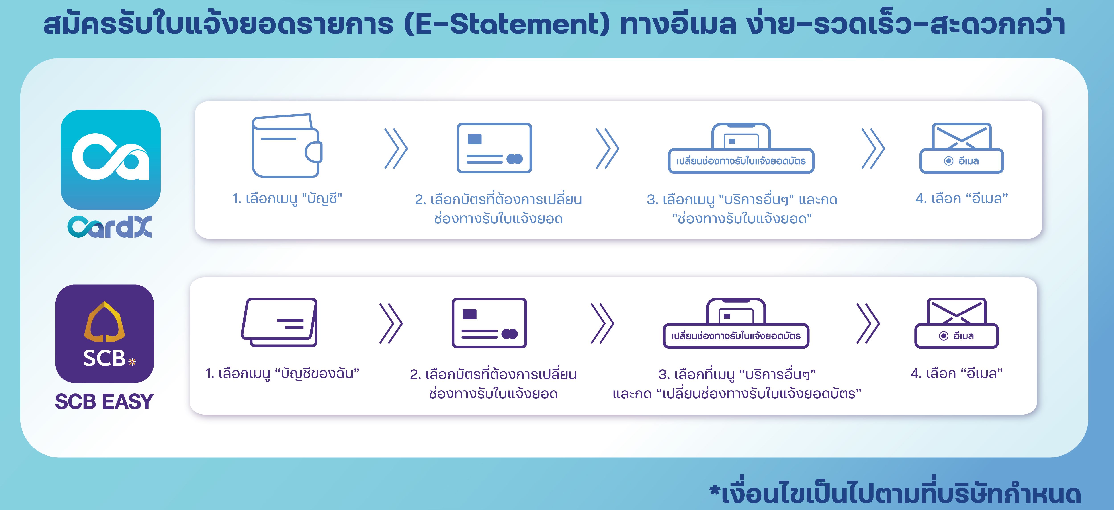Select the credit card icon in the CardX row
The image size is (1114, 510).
[x=494, y=148]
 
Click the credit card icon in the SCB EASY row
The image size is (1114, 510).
[x=489, y=323]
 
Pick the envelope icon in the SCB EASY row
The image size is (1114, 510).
[x=956, y=311]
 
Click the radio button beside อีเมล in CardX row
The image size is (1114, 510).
[x=948, y=161]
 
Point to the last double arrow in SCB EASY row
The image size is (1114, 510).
[x=868, y=324]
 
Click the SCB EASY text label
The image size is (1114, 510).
[x=104, y=401]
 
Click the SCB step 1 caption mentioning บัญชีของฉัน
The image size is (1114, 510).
[x=282, y=373]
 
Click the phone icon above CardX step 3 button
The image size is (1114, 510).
[x=741, y=136]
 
